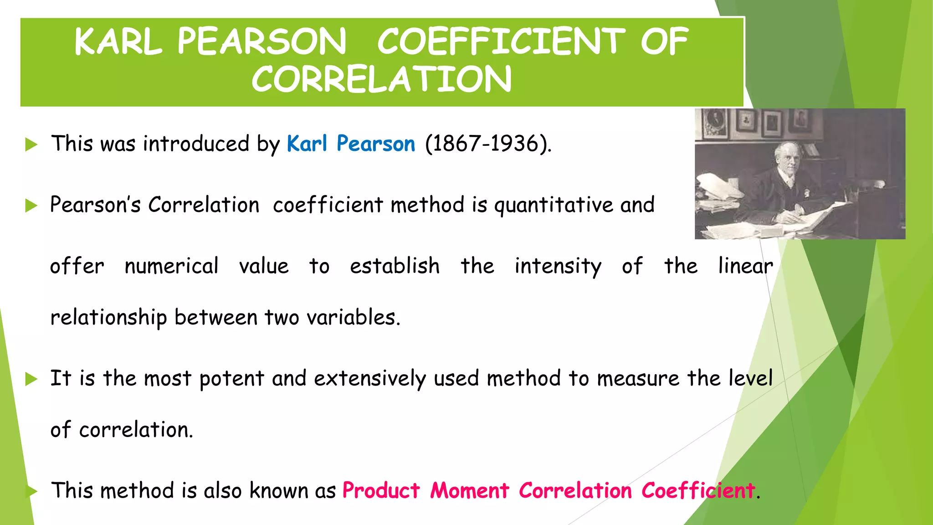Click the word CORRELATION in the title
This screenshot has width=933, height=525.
pos(381,79)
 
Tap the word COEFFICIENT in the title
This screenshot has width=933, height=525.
pos(501,41)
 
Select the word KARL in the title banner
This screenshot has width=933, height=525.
pos(118,41)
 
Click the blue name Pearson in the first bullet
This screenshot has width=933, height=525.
pos(376,144)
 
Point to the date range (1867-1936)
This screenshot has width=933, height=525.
pos(488,144)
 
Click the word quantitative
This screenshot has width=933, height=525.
pos(554,205)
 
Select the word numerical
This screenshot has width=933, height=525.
pos(171,266)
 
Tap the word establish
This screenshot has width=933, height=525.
pos(395,266)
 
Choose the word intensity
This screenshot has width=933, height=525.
pos(558,267)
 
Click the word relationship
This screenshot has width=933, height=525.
pos(108,318)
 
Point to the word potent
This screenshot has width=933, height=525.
pos(231,379)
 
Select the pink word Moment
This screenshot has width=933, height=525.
pos(469,491)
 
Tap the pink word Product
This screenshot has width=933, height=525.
pos(381,491)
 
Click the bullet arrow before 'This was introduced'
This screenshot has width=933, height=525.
pos(31,145)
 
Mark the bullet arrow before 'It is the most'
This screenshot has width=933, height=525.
pos(31,379)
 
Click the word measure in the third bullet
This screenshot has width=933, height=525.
pos(638,379)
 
